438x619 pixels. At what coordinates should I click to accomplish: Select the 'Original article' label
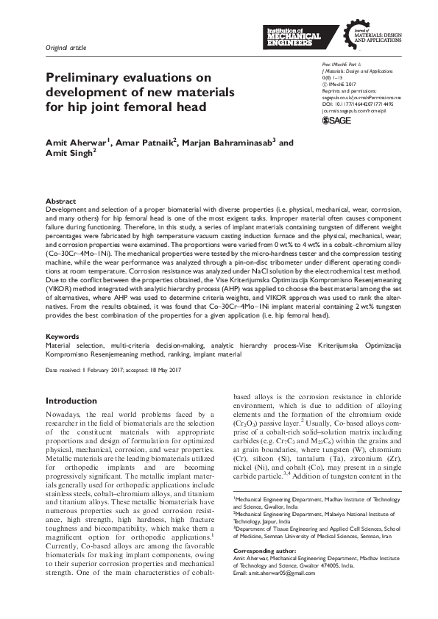click(66, 48)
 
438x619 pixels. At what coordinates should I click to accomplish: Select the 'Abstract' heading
click(60, 201)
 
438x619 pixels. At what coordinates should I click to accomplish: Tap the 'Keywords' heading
click(63, 336)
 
